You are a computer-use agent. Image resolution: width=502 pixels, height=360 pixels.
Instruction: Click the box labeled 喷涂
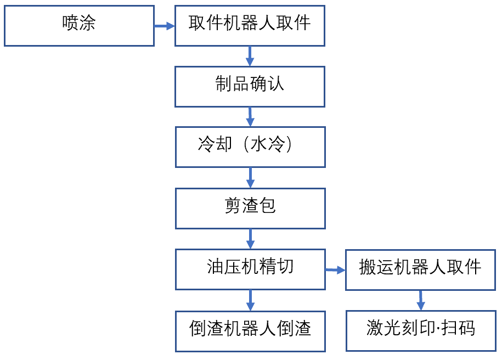tap(79, 25)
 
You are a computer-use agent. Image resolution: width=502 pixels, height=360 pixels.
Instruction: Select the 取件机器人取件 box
tap(250, 25)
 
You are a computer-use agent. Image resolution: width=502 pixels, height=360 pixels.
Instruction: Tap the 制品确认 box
tap(250, 86)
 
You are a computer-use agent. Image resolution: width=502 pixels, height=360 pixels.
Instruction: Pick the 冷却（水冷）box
tap(250, 147)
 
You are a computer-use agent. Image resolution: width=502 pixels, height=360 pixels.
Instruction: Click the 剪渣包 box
tap(250, 208)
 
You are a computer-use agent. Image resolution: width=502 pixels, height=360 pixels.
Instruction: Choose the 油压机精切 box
tap(250, 269)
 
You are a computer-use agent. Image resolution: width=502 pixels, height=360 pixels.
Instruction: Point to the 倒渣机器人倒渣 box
tap(250, 331)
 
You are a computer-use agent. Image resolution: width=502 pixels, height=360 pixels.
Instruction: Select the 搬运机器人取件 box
tap(420, 269)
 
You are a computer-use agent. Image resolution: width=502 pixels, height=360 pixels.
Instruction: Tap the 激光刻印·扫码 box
tap(420, 330)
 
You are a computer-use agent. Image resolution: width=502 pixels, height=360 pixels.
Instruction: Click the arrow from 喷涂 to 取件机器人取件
tap(164, 26)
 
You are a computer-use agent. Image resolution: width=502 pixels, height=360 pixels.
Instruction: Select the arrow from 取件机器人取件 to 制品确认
tap(250, 56)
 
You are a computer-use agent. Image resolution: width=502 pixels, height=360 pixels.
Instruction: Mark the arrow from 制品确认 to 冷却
tap(250, 117)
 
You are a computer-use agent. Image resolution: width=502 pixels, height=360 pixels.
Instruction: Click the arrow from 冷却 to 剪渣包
tap(250, 178)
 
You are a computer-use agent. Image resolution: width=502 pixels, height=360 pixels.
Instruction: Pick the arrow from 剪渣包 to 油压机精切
tap(250, 239)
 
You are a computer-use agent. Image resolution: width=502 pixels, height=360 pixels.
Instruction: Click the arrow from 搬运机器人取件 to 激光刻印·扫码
tap(420, 300)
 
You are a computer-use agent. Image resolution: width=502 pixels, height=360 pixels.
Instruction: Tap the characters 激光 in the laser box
tap(382, 329)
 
